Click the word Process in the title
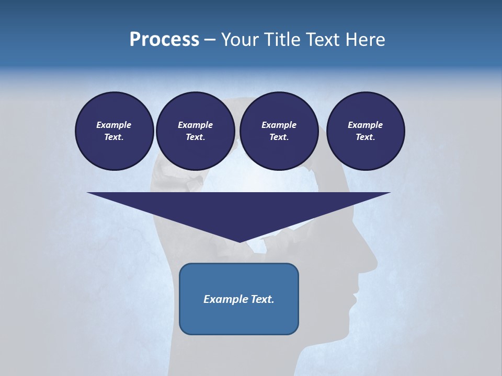point(164,40)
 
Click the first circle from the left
point(114,131)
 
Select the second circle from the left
point(195,131)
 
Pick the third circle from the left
point(279,131)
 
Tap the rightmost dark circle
point(365,131)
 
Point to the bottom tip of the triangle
point(239,242)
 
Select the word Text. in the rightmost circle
point(365,137)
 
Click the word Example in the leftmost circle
point(114,125)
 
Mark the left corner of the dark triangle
point(88,193)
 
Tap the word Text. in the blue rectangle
point(261,299)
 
